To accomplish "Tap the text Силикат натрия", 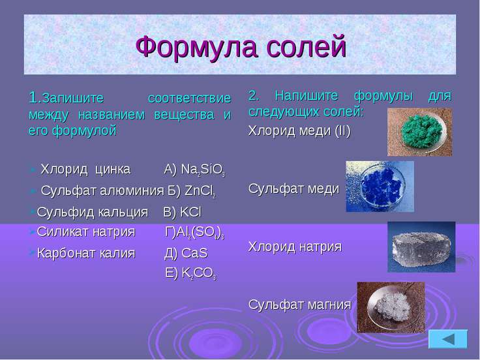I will pos(86,232).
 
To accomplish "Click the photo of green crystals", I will pos(420,131).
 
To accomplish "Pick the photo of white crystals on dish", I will pos(390,305).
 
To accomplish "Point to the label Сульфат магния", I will pos(300,304).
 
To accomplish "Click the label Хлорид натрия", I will pos(295,247).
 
